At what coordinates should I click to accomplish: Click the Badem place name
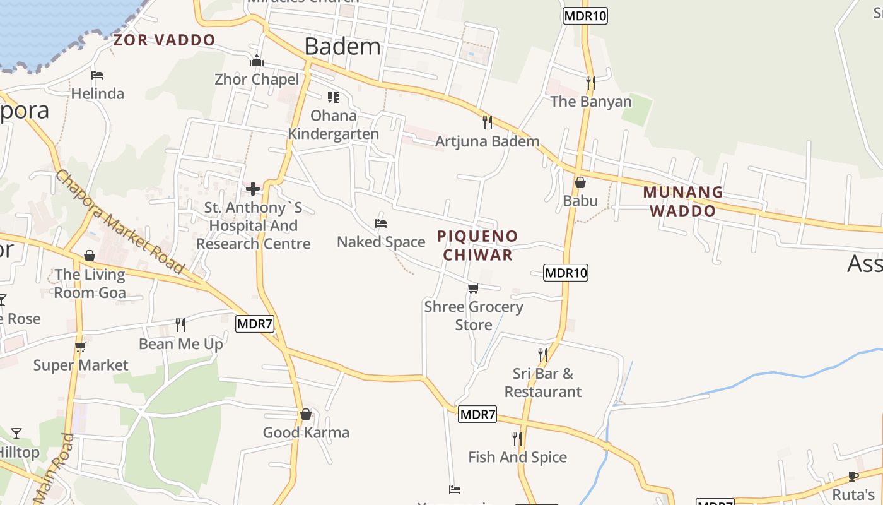coord(342,47)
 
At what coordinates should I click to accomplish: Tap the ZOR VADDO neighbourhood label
coord(164,40)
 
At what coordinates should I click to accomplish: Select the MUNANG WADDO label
coord(683,201)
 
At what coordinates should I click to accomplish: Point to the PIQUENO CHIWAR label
coord(477,246)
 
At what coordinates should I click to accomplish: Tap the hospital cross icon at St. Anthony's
coord(253,189)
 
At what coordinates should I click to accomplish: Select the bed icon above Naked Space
coord(380,223)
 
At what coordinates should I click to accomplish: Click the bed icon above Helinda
coord(97,75)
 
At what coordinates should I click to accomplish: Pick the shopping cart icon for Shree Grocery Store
coord(473,288)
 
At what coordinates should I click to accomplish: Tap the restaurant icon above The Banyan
coord(590,83)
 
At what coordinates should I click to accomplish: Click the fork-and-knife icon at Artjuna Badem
coord(487,122)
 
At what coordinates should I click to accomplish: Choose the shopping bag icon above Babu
coord(580,182)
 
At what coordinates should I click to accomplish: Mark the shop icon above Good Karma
coord(306,414)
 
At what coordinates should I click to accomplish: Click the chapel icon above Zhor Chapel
coord(256,61)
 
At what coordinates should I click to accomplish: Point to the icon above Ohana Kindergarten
coord(333,97)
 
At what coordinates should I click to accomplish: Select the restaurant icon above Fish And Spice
coord(517,438)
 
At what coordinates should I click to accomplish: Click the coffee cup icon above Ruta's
coord(853,475)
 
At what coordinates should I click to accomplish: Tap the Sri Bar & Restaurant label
coord(542,383)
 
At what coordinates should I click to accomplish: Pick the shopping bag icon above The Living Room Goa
coord(90,256)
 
